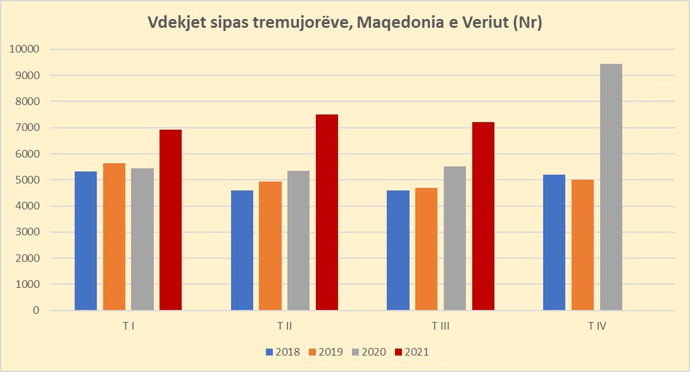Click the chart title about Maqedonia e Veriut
coord(345,23)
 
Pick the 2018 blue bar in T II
coord(242,251)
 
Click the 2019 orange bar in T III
coord(426,249)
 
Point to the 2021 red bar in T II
coord(327,213)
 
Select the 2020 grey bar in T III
coord(455,239)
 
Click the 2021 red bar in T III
coord(483,216)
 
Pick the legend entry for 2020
coord(368,351)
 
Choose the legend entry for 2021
coord(411,351)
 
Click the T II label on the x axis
coord(284,326)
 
